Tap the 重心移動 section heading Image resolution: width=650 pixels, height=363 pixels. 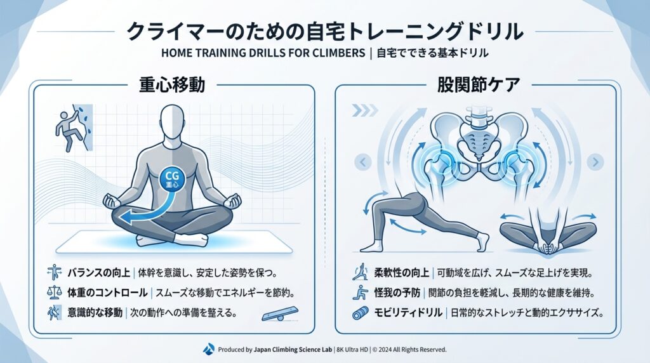pyautogui.click(x=171, y=85)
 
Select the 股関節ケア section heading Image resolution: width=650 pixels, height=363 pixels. pyautogui.click(x=479, y=85)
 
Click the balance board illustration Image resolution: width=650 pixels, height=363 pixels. pyautogui.click(x=280, y=313)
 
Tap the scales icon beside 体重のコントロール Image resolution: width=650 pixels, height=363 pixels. pyautogui.click(x=55, y=293)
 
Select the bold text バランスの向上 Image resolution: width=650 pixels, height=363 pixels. pyautogui.click(x=98, y=273)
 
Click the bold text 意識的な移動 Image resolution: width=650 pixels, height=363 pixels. pyautogui.click(x=95, y=312)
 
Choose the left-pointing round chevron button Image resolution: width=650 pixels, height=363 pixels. pyautogui.click(x=363, y=162)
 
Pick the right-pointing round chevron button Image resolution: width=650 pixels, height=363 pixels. pyautogui.click(x=595, y=162)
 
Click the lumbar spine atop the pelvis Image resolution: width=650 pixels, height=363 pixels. pyautogui.click(x=479, y=118)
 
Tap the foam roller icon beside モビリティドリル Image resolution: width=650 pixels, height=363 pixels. pyautogui.click(x=361, y=313)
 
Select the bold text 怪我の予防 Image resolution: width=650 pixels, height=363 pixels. pyautogui.click(x=397, y=293)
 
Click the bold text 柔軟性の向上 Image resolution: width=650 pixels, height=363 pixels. pyautogui.click(x=402, y=273)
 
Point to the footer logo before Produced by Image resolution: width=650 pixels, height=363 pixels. pyautogui.click(x=209, y=349)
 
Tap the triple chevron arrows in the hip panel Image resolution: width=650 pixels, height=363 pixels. pyautogui.click(x=365, y=110)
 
